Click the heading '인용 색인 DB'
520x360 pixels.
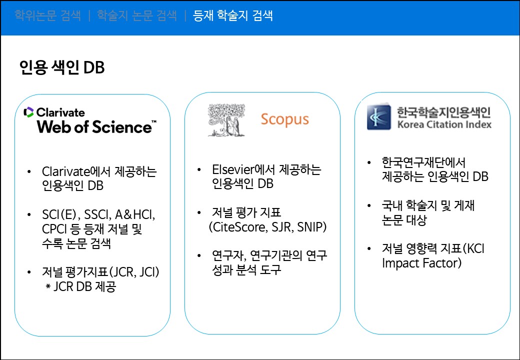click(x=61, y=67)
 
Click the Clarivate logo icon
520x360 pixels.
click(x=28, y=112)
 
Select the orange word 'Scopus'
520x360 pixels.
click(x=284, y=119)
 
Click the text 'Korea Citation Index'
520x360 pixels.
click(x=443, y=124)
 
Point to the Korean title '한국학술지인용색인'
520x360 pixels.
click(x=443, y=111)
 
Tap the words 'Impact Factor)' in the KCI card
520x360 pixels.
click(x=421, y=262)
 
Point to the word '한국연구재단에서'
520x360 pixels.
click(x=423, y=162)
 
